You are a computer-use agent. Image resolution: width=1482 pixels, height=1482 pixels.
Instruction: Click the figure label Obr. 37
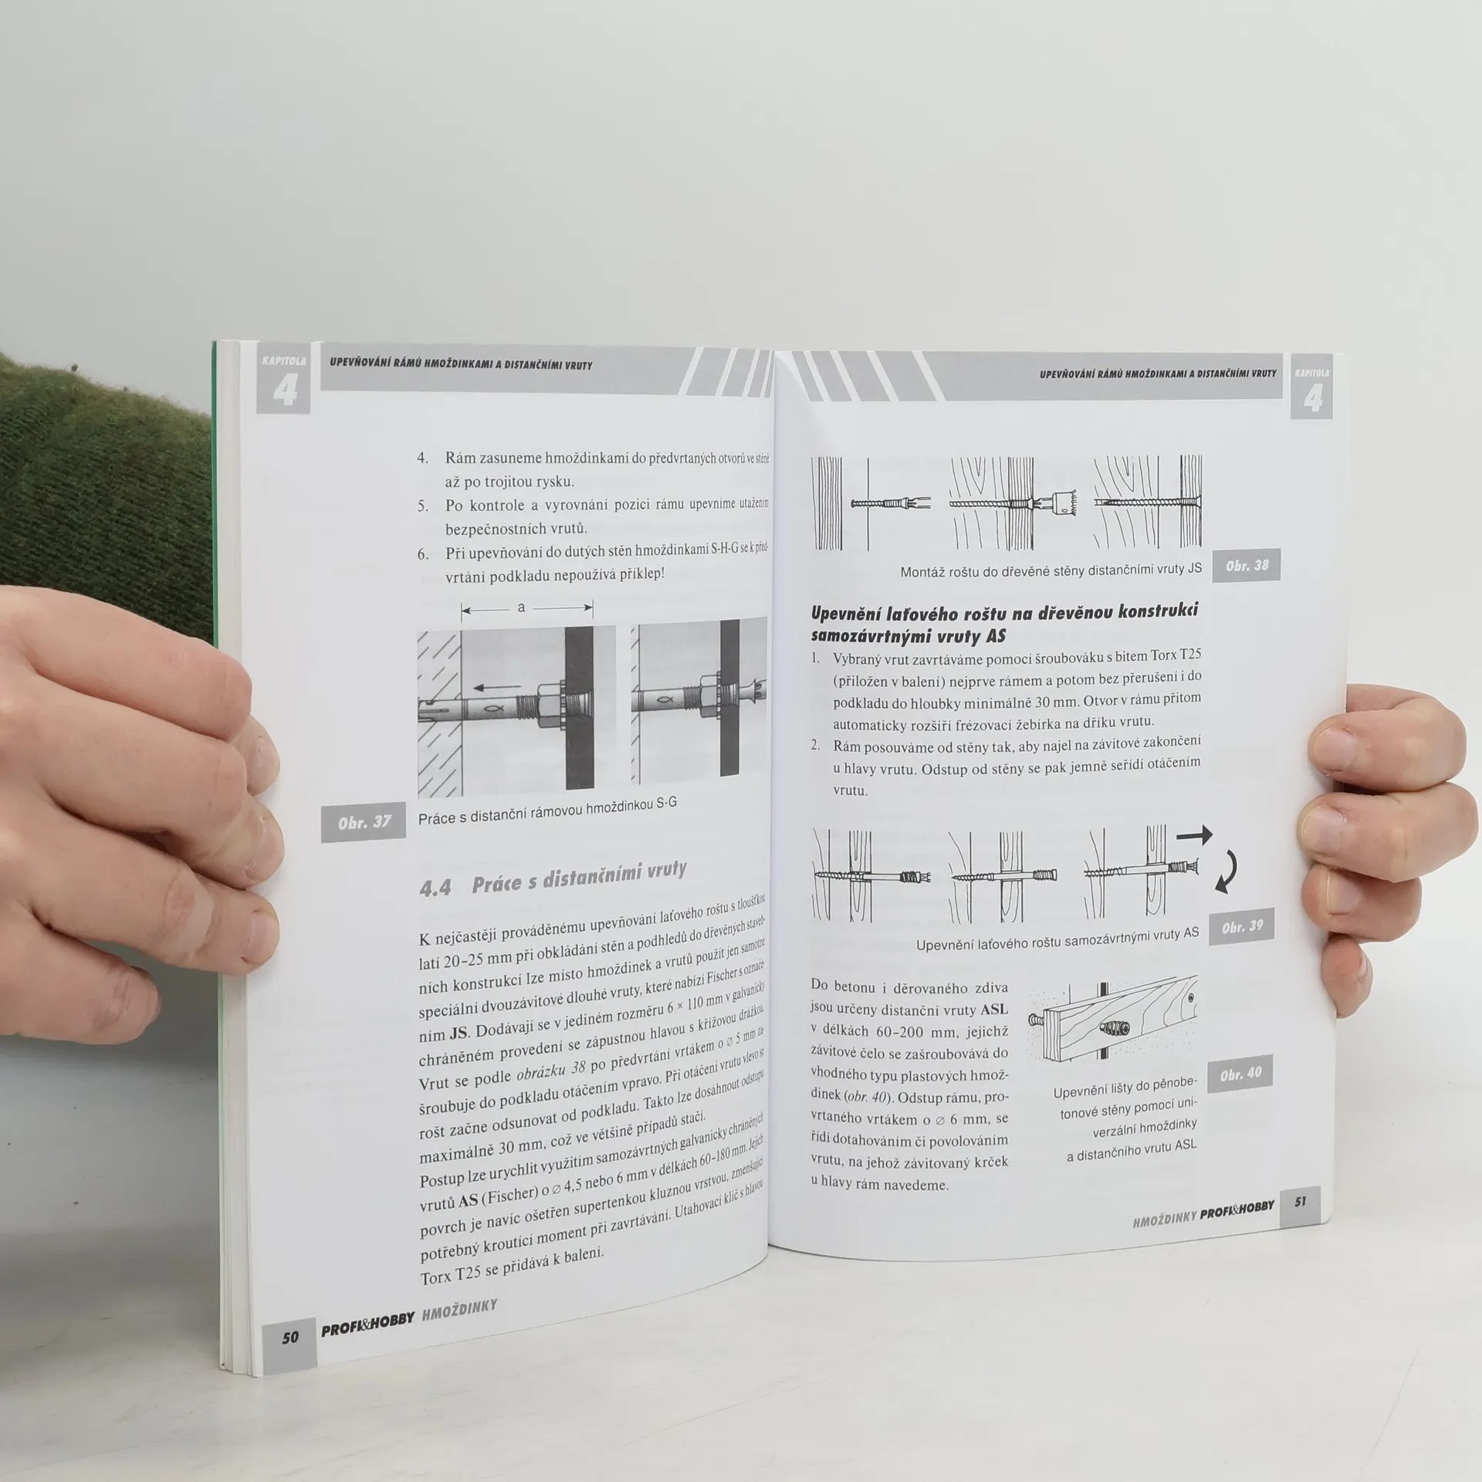pos(364,822)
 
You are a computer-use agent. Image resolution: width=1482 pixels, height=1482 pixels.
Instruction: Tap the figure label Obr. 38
pos(1247,566)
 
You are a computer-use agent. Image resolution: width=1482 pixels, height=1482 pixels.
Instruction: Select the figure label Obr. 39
pos(1243,927)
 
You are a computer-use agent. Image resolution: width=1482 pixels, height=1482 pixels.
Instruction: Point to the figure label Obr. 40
pos(1241,1074)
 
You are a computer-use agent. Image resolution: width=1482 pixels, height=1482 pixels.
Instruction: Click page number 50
pos(289,1358)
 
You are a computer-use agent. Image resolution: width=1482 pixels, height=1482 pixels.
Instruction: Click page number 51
pos(1301,1202)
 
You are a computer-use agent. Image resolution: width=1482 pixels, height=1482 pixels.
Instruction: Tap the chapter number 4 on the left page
pos(285,393)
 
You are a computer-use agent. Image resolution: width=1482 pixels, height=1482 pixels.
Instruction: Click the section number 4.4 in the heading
pos(435,888)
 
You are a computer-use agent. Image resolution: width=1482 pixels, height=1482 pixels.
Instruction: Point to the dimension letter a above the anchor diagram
pos(521,607)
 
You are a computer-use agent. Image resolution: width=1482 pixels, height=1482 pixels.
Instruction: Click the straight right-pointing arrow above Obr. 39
pos(1195,834)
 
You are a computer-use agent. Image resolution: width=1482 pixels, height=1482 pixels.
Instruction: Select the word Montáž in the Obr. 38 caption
pos(924,572)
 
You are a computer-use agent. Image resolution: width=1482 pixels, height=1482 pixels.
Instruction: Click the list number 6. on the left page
pos(423,554)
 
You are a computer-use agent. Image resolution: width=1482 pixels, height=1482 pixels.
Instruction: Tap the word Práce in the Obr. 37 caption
pos(436,817)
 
